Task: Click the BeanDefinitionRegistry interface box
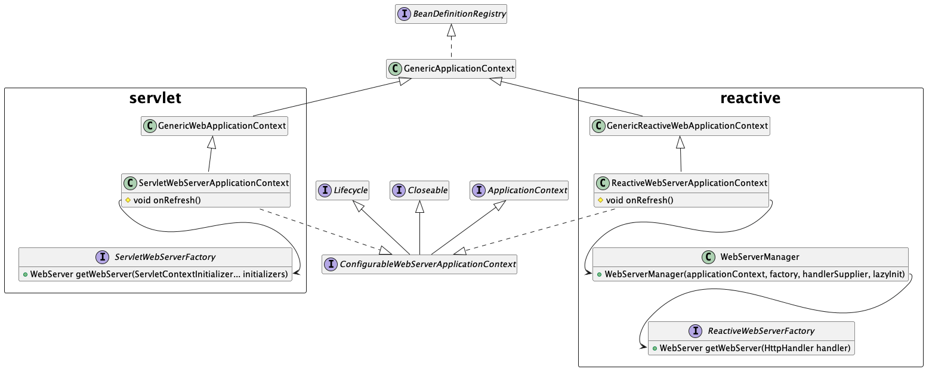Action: click(x=450, y=14)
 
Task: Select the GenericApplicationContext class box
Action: click(x=451, y=69)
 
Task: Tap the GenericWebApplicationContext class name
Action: click(x=221, y=126)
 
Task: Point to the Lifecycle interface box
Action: click(x=342, y=190)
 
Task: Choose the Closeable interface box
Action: click(x=419, y=190)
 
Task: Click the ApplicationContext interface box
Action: click(x=519, y=190)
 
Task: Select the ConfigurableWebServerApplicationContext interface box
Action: click(x=419, y=264)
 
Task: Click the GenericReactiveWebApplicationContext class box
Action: click(x=680, y=126)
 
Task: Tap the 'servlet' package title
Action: click(x=155, y=98)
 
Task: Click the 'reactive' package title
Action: click(x=751, y=98)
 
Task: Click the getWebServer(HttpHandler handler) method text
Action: click(x=754, y=348)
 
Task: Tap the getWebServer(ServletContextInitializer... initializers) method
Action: click(x=159, y=274)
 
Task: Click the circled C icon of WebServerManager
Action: click(x=708, y=257)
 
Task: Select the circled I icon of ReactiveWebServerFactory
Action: click(x=695, y=331)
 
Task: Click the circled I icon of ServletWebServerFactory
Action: click(x=102, y=257)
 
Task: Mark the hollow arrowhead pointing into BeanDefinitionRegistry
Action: click(x=452, y=30)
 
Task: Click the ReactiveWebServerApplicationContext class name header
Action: click(x=689, y=183)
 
